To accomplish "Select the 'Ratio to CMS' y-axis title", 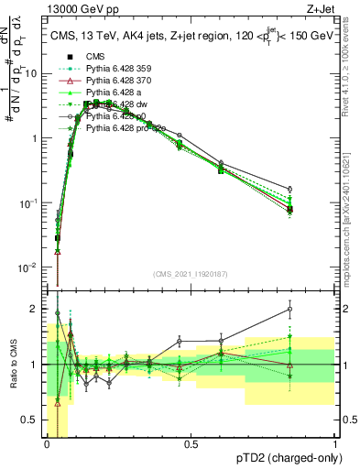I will (13, 366).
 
